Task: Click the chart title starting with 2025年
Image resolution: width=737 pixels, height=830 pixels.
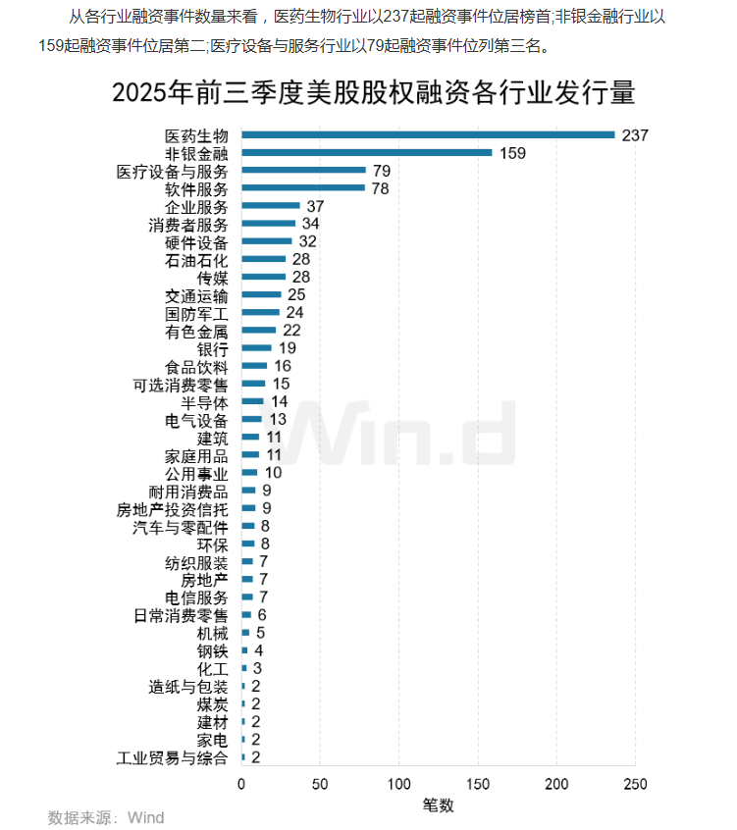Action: [374, 93]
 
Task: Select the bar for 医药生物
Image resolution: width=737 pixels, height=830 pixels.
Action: [428, 135]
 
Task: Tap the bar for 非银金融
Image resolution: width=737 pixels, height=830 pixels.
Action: [366, 153]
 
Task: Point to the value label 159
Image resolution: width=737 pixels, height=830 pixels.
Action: [512, 153]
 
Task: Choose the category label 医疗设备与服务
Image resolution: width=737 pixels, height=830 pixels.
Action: [172, 172]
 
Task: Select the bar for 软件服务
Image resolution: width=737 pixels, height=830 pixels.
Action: [302, 188]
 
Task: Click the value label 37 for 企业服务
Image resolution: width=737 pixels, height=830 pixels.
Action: [315, 206]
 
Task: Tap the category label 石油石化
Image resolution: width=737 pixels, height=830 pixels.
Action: [196, 260]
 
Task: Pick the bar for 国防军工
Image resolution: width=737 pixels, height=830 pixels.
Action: [260, 313]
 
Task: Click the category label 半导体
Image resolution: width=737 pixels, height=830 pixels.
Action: [204, 402]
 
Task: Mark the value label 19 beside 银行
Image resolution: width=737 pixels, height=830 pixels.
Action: [287, 348]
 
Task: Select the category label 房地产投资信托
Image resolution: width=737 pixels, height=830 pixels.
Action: [172, 509]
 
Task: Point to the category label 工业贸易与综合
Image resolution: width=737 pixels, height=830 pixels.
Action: [172, 758]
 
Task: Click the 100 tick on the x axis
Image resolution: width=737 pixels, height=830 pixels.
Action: [398, 784]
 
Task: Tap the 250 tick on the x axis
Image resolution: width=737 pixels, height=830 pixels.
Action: [635, 784]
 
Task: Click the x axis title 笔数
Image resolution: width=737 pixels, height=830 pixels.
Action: [438, 804]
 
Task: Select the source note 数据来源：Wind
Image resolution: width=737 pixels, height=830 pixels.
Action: [106, 817]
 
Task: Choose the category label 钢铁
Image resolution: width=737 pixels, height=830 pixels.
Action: [212, 651]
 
